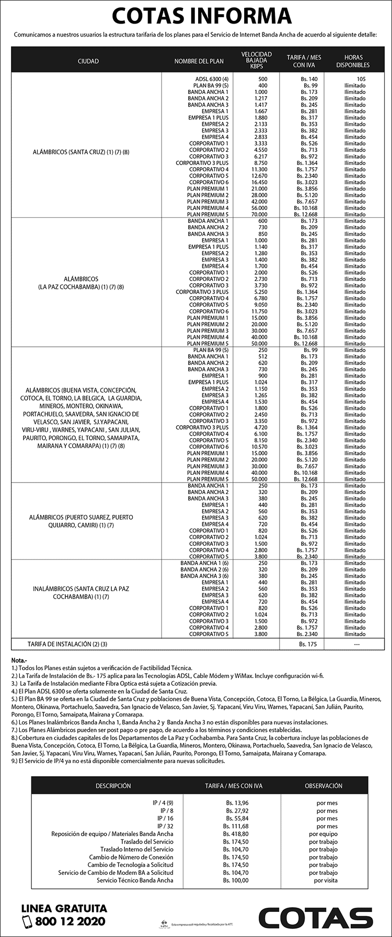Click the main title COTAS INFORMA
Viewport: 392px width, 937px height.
pos(201,16)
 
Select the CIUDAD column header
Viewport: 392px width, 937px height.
pos(88,61)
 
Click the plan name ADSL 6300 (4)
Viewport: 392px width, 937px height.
pos(211,79)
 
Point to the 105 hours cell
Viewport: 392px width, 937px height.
pos(361,79)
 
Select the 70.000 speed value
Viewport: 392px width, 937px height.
pos(259,214)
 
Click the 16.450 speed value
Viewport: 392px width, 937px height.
pos(259,182)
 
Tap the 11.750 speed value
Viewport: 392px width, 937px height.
pos(259,311)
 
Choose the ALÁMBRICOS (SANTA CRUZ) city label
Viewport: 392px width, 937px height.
pos(81,153)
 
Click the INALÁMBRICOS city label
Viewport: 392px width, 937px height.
pos(81,592)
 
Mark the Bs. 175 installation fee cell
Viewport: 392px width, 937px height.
pos(308,644)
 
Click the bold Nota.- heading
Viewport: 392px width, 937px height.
pos(19,660)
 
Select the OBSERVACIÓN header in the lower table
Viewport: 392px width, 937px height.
pos(324,786)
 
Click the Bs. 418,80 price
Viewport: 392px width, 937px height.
pos(235,834)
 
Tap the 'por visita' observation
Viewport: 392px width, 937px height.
pos(326,880)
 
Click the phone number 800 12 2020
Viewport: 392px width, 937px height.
pos(70,921)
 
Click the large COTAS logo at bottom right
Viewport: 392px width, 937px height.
pos(316,918)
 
